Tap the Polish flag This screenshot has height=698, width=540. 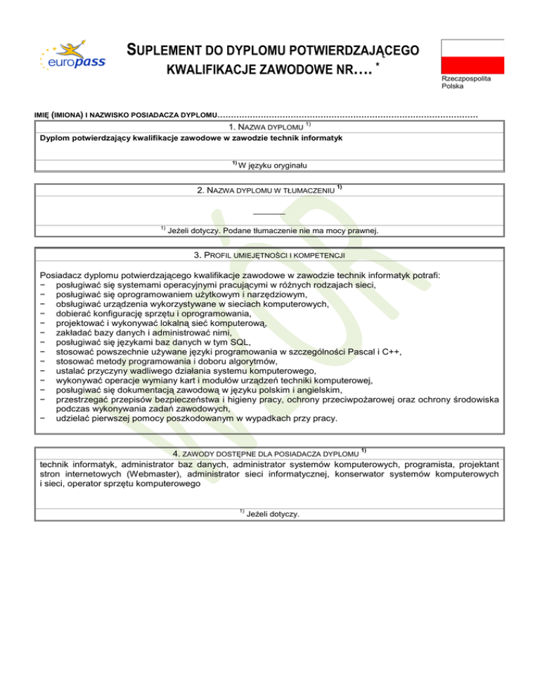(472, 55)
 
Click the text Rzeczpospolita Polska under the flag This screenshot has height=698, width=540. (465, 82)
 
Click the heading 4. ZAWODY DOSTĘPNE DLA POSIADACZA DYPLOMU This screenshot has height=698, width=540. (270, 453)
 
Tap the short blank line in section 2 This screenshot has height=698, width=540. (270, 213)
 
